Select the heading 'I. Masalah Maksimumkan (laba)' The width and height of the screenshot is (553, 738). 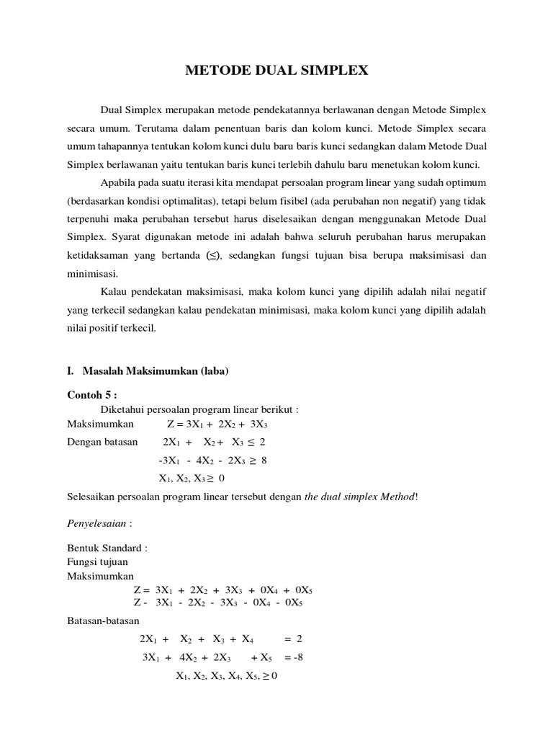pyautogui.click(x=147, y=371)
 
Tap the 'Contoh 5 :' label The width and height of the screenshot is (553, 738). pyautogui.click(x=91, y=395)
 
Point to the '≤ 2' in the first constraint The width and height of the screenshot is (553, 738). pyautogui.click(x=256, y=441)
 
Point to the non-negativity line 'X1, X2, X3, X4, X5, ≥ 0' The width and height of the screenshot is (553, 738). pyautogui.click(x=227, y=676)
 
